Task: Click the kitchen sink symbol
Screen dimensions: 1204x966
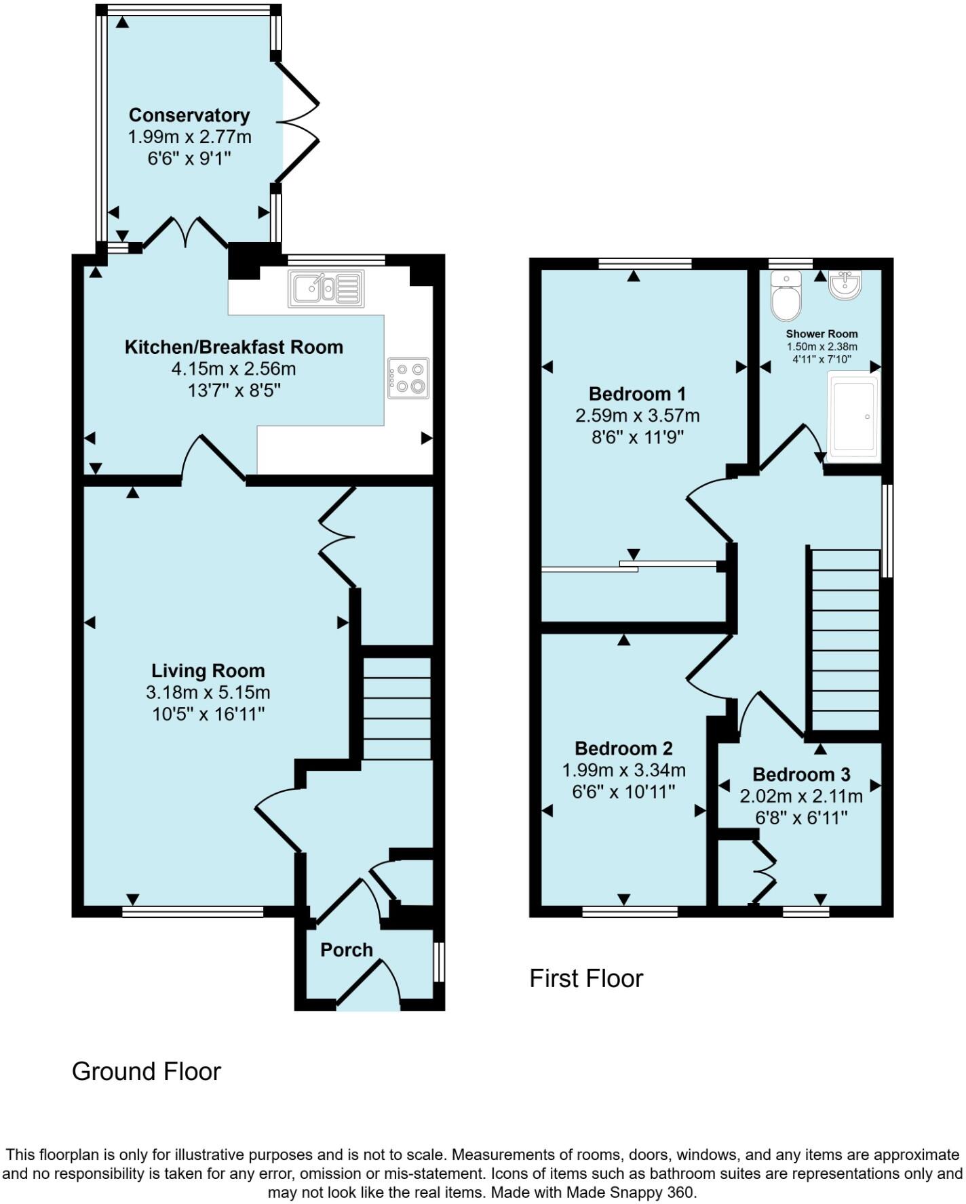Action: tap(326, 288)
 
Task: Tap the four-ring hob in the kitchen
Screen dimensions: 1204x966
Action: tap(408, 378)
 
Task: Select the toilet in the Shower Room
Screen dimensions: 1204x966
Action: tap(786, 297)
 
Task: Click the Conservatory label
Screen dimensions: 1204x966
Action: tap(189, 115)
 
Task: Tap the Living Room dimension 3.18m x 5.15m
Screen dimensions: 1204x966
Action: tap(208, 693)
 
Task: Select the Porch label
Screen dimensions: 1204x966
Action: tap(347, 950)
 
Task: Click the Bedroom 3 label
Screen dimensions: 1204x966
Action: tap(801, 774)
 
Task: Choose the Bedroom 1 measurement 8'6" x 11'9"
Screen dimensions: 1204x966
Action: tap(637, 437)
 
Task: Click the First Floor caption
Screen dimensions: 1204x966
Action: tap(586, 978)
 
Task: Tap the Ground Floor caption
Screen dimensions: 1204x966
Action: tap(147, 1071)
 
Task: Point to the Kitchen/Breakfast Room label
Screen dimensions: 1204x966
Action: tap(234, 347)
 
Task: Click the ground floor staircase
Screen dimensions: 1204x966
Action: tap(397, 707)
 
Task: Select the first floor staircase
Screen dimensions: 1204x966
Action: tap(845, 639)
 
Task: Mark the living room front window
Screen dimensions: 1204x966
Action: tap(193, 912)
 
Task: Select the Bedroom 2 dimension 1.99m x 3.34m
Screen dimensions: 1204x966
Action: tap(623, 770)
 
